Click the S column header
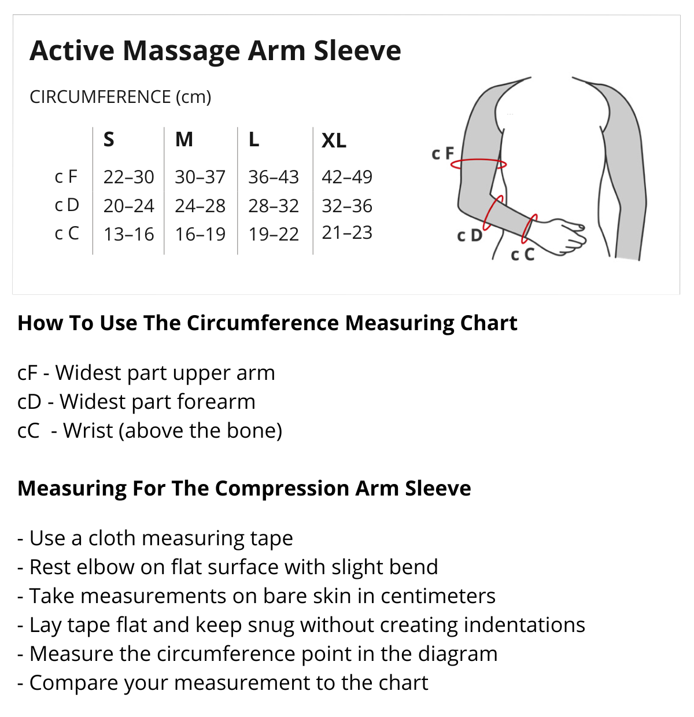point(109,139)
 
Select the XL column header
point(334,141)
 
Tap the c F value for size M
point(200,177)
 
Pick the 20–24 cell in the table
point(128,206)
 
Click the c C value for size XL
point(347,232)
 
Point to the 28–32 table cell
point(274,206)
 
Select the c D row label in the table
point(67,205)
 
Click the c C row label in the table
point(67,233)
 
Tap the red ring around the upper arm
point(478,160)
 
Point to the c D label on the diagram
point(470,235)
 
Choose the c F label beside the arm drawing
point(442,154)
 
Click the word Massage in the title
point(182,51)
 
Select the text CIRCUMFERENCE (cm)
point(120,97)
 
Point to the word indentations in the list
point(524,624)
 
